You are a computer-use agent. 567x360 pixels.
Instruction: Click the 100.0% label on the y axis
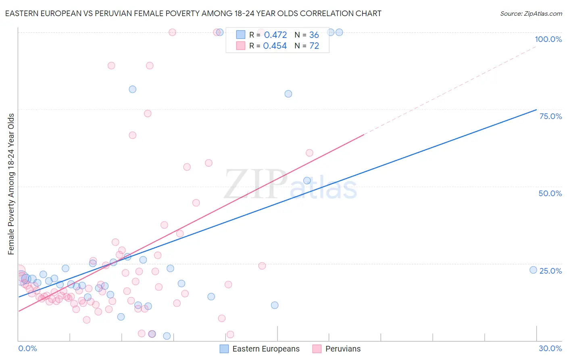[548, 39]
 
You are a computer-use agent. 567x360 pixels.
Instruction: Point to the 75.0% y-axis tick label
[550, 116]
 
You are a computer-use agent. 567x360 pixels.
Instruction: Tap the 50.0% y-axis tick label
[550, 193]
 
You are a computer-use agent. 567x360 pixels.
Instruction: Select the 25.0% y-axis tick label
[550, 271]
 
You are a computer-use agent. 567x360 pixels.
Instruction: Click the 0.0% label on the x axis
[27, 348]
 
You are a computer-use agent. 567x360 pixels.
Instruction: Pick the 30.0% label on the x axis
[550, 348]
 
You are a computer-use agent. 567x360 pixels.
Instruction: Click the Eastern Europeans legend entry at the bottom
[266, 349]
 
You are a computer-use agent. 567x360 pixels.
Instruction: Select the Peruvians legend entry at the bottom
[343, 349]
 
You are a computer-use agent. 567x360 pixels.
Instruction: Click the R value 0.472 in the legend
[275, 35]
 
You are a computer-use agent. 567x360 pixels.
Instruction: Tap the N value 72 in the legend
[314, 46]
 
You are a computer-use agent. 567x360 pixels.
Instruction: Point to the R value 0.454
[275, 46]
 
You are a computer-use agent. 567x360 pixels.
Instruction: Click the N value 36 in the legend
[314, 35]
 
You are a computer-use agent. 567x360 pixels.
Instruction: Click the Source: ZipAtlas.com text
[531, 14]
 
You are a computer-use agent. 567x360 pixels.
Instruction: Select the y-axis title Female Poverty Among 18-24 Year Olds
[11, 184]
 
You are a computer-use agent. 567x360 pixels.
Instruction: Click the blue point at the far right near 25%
[533, 270]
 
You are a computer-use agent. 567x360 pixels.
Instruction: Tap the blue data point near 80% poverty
[288, 94]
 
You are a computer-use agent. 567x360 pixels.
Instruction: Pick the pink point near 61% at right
[309, 153]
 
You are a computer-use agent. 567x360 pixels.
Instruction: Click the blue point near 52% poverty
[307, 180]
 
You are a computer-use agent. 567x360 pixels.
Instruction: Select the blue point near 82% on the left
[133, 89]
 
